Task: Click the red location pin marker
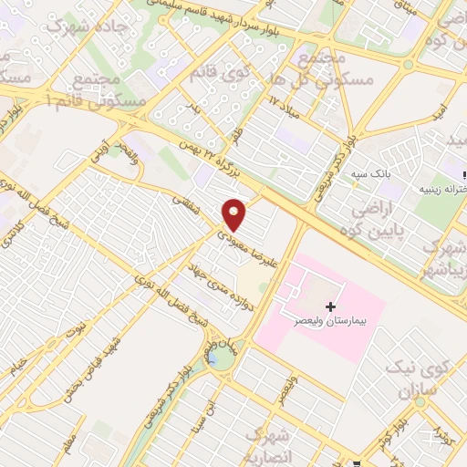[235, 214]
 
